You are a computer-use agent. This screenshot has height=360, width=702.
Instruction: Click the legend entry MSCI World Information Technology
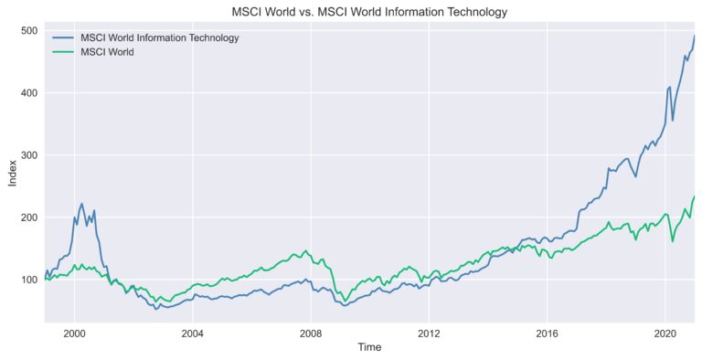(159, 37)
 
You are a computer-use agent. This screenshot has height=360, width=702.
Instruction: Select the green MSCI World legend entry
(107, 52)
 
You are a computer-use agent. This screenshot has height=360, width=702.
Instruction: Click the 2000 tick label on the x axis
(74, 333)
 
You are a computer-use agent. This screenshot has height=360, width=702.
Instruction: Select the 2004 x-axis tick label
(193, 333)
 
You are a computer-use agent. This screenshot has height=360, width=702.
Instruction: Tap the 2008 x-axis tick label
(311, 333)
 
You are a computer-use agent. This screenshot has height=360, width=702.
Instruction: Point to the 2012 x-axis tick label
(429, 333)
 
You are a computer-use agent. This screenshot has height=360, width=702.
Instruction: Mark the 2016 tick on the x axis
(547, 333)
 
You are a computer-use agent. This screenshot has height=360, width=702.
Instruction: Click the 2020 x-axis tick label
(665, 333)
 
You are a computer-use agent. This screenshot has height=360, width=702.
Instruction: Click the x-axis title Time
(369, 348)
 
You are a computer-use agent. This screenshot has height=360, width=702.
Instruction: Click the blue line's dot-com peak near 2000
(81, 204)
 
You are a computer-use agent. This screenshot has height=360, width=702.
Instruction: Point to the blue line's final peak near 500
(694, 37)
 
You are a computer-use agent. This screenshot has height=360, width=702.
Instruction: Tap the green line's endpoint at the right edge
(694, 196)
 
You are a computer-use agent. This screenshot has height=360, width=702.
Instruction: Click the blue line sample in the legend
(63, 37)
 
